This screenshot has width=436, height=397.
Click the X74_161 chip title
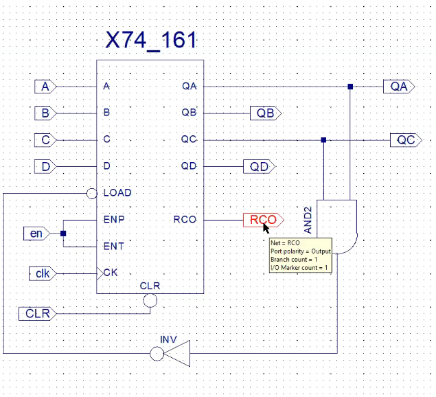coord(151,40)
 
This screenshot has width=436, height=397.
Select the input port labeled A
coord(45,87)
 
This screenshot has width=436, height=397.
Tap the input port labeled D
coord(45,166)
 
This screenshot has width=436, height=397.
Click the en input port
coord(35,233)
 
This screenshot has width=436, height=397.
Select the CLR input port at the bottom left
coord(38,314)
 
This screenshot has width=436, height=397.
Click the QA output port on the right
coord(399,87)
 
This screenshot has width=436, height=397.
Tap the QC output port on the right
coord(406,139)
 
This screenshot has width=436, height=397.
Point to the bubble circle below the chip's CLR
coord(150,300)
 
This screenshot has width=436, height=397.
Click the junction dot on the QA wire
coord(350,87)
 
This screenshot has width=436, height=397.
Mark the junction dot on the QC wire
coord(323,139)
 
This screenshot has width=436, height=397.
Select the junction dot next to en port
coord(63,234)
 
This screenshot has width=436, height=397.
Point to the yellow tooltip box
coord(300,255)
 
